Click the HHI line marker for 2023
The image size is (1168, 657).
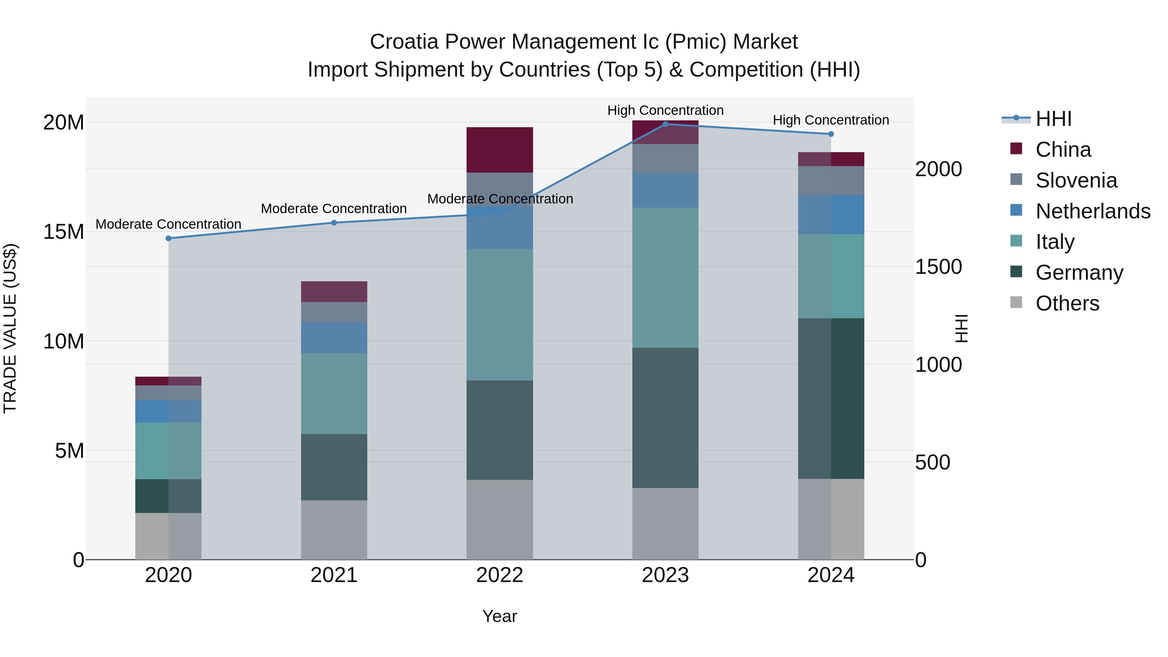665,124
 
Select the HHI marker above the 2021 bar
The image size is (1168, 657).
334,222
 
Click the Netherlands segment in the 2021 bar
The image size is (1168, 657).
334,337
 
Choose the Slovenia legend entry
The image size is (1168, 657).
1076,180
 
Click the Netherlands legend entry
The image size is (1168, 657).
1092,211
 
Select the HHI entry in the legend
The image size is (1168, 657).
1053,119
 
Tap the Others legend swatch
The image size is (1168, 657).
1016,302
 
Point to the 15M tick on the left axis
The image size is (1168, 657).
64,232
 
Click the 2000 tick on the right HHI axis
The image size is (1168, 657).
938,169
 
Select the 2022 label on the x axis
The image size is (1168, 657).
500,575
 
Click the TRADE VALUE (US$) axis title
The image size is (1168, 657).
10,328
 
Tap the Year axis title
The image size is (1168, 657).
500,616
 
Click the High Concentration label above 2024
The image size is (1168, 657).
831,120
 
